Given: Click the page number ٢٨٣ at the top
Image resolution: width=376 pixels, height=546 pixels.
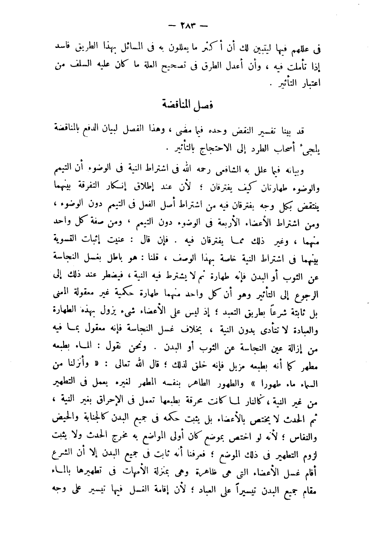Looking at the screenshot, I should coord(188,27).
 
